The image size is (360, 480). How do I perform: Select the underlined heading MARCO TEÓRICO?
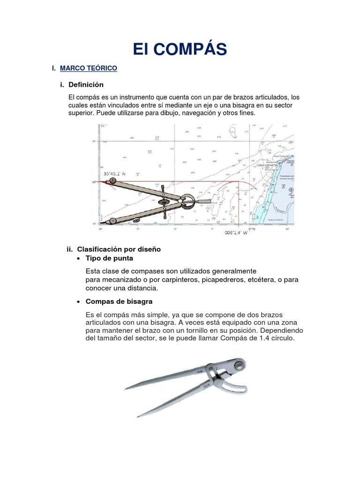tap(89, 68)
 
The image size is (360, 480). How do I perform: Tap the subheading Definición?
tap(86, 85)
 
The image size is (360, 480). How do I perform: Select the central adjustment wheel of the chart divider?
tap(165, 202)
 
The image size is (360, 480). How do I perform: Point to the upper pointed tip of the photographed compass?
tap(126, 389)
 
